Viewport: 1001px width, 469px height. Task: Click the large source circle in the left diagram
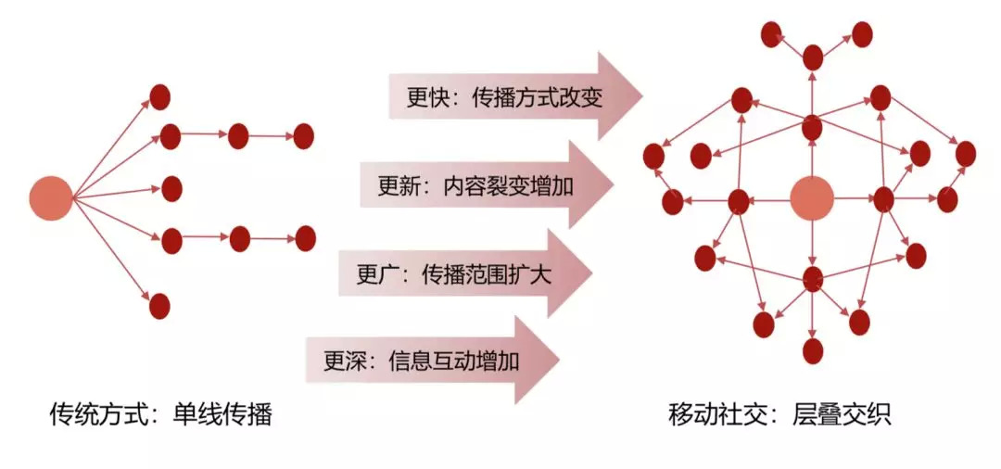(x=50, y=197)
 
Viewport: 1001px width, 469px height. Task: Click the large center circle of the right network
(x=812, y=198)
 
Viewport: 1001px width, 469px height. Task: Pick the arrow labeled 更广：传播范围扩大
(x=464, y=274)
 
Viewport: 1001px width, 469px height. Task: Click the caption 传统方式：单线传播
(x=160, y=413)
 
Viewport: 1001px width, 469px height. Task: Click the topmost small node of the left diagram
(x=159, y=96)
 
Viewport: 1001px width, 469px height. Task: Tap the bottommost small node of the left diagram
(x=159, y=305)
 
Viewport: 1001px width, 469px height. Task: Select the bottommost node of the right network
(x=813, y=350)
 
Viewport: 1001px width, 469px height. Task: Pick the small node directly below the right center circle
(x=813, y=277)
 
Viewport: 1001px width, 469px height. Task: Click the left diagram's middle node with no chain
(x=171, y=189)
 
